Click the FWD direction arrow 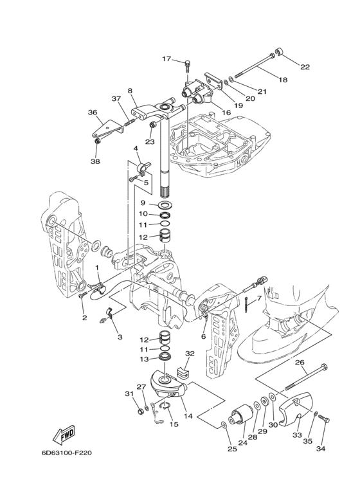click(x=64, y=434)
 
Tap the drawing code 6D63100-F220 click(x=67, y=453)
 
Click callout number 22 click(x=305, y=67)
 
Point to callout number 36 click(x=93, y=113)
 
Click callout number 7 click(x=258, y=298)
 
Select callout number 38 click(x=95, y=161)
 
